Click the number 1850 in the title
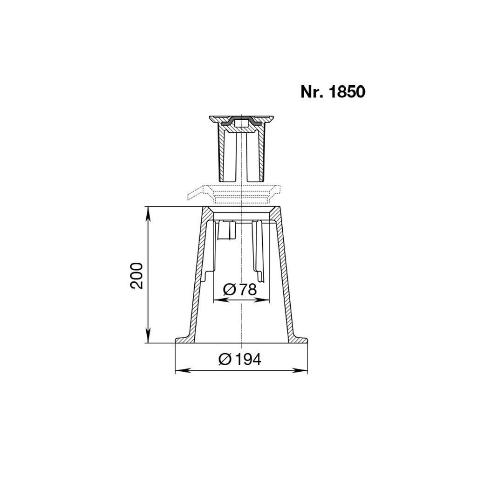(x=347, y=92)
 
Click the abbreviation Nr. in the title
(x=313, y=92)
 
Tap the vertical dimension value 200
(x=136, y=275)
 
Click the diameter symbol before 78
(x=229, y=290)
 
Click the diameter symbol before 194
(x=225, y=360)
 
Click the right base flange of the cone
(x=300, y=340)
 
